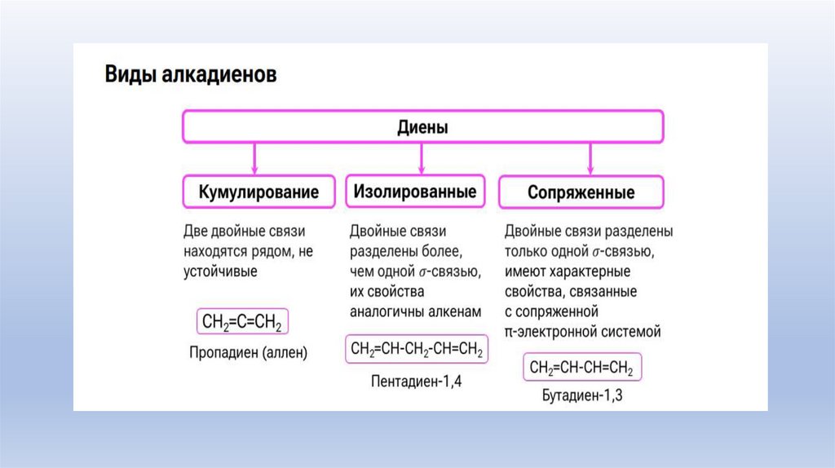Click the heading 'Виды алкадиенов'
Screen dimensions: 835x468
pyautogui.click(x=191, y=77)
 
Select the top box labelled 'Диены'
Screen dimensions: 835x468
pyautogui.click(x=422, y=128)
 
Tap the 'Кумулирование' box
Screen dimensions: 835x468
pyautogui.click(x=258, y=193)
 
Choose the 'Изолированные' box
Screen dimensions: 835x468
pyautogui.click(x=415, y=192)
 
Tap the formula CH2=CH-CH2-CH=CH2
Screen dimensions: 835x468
pyautogui.click(x=417, y=351)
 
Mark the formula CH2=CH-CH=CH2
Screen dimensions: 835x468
pyautogui.click(x=581, y=368)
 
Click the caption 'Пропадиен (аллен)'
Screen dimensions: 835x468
pyautogui.click(x=248, y=353)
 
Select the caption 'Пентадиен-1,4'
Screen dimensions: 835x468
pyautogui.click(x=417, y=380)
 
